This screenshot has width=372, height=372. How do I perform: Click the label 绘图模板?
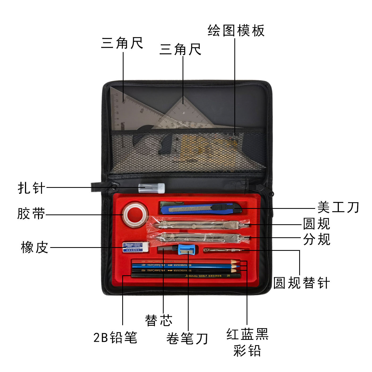coord(236,31)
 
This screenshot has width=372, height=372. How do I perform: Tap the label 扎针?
coord(31,188)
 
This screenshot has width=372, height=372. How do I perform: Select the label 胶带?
coord(31,214)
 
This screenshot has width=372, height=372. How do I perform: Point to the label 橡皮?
coord(35,247)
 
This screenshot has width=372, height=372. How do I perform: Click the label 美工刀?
coord(338,207)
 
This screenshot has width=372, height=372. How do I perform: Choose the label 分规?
coord(317,239)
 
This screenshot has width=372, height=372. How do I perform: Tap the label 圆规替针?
coord(302,283)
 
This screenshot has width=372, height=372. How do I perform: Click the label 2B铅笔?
coord(115,337)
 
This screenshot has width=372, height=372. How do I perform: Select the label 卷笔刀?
coord(187,339)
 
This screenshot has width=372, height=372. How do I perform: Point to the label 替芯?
coord(159,320)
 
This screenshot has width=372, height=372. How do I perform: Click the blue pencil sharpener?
coord(188,250)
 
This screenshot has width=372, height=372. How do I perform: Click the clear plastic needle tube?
coord(151,188)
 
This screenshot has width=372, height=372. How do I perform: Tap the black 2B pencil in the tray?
coord(186,276)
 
